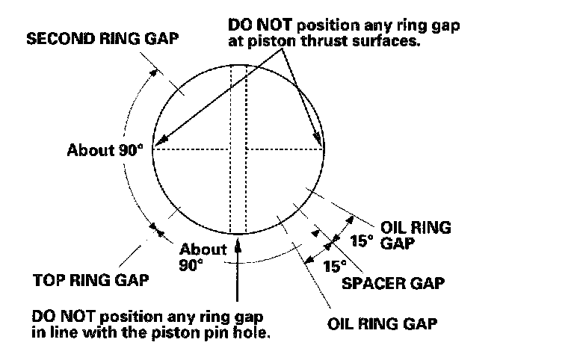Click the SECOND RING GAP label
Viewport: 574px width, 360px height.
tap(102, 39)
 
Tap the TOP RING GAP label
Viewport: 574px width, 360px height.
tap(91, 282)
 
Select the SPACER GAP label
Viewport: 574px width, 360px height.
tap(393, 283)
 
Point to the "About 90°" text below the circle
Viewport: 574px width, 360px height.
tap(203, 256)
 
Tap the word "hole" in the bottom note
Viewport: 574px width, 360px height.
tap(252, 331)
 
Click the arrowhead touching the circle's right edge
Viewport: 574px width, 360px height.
tap(321, 143)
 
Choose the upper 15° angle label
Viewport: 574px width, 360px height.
tap(361, 240)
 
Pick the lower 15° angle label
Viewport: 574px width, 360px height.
tap(334, 265)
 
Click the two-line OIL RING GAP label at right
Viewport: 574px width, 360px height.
tap(416, 235)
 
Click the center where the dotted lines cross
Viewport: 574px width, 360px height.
tap(238, 149)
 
